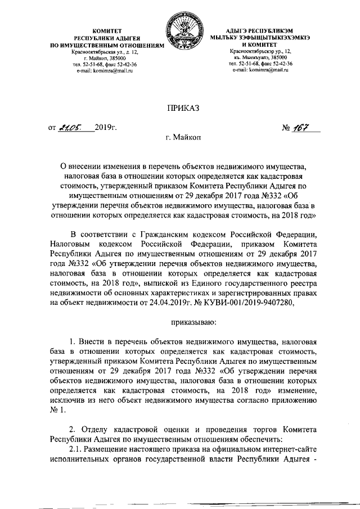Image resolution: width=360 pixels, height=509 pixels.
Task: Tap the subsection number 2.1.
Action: tap(75, 451)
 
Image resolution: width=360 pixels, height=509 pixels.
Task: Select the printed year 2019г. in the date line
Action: tap(105, 128)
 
